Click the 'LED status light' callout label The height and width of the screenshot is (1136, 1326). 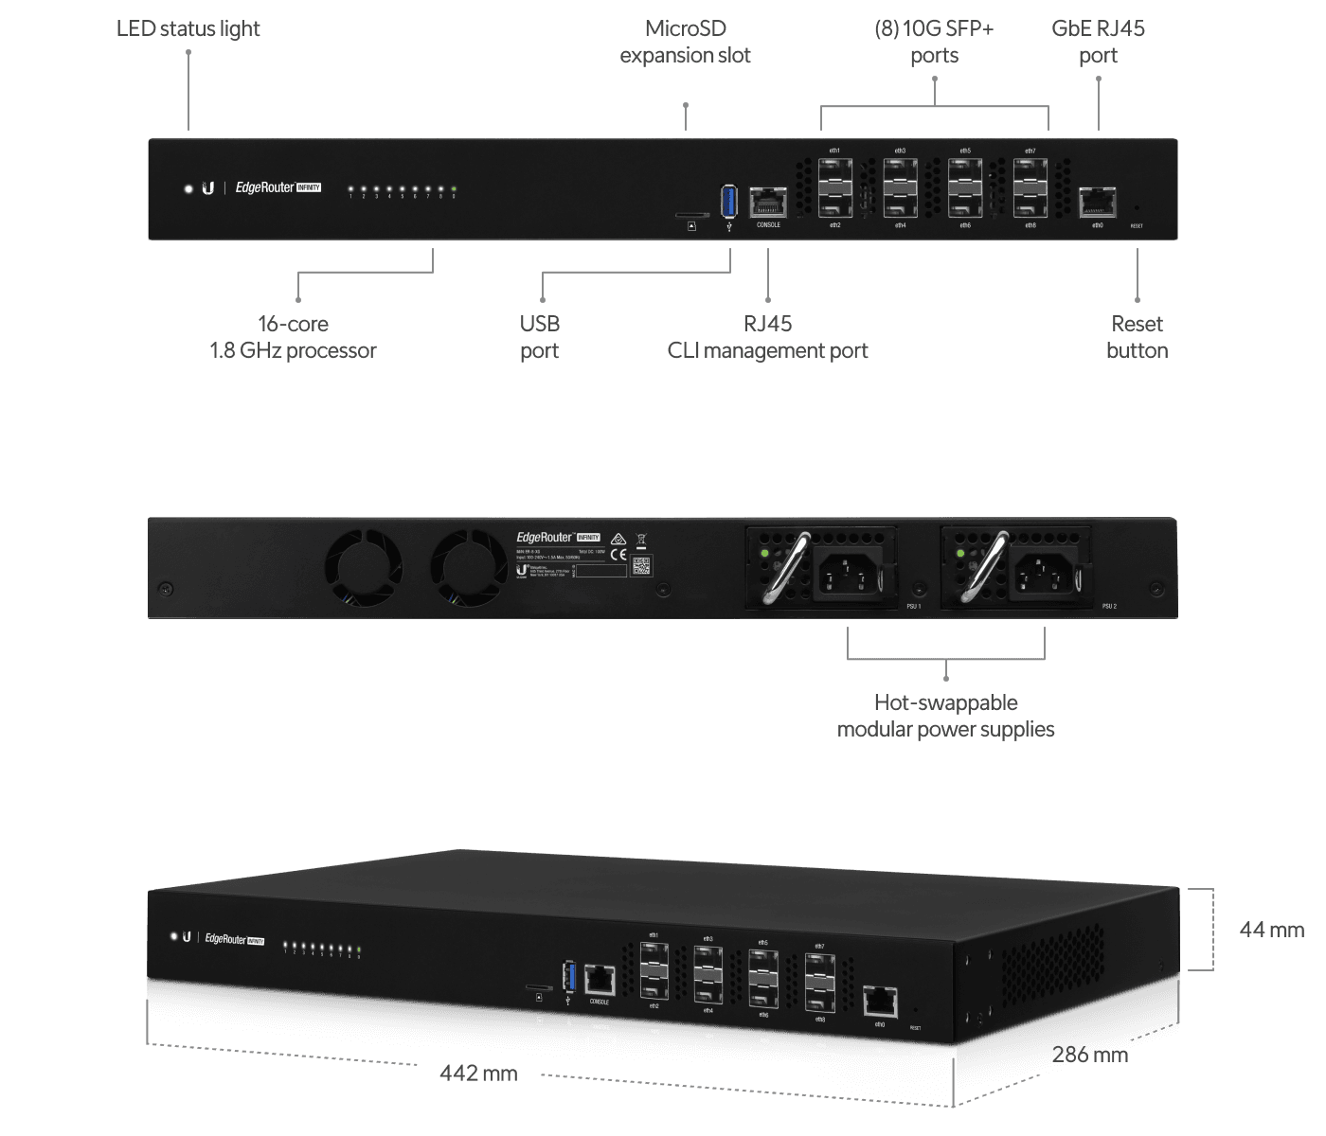click(188, 28)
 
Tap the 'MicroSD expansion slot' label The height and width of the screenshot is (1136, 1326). click(686, 43)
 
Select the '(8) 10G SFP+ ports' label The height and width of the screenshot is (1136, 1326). click(934, 43)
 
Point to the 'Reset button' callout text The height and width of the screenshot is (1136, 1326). click(1137, 337)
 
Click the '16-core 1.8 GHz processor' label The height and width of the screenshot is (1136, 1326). click(293, 337)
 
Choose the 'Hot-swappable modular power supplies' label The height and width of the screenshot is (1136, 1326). click(945, 716)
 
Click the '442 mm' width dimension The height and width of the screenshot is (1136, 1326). click(478, 1074)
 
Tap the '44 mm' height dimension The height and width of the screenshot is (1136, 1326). click(1271, 930)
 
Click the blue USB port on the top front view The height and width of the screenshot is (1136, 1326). click(728, 201)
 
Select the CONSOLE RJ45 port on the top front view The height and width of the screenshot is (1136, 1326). click(768, 203)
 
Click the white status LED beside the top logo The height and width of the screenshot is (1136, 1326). click(188, 189)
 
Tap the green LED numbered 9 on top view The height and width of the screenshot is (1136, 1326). click(454, 189)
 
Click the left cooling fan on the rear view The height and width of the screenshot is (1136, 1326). click(363, 568)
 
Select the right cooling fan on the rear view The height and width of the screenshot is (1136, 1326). click(469, 568)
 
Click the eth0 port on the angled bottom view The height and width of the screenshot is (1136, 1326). click(880, 1002)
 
